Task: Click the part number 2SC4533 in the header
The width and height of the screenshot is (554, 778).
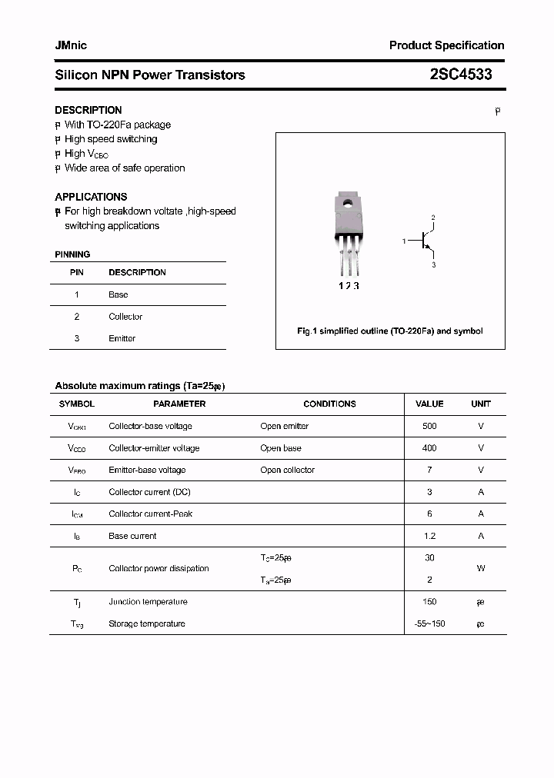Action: pos(461,75)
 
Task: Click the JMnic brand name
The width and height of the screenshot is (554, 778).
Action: pos(71,45)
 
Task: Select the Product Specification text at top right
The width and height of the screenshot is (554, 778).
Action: pos(446,45)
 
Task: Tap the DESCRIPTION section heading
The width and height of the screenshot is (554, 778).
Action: pos(88,110)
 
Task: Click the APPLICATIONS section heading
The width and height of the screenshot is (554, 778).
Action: pos(91,197)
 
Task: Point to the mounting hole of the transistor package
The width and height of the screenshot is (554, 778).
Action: pos(348,204)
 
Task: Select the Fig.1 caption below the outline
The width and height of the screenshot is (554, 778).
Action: pos(390,331)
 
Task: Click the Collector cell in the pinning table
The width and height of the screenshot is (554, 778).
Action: pos(125,317)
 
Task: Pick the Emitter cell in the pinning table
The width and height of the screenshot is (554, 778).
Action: pos(122,338)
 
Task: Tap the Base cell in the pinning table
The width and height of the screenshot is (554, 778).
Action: pos(118,294)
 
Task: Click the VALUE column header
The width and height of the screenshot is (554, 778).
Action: pos(429,404)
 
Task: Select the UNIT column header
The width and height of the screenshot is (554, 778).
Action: pos(481,404)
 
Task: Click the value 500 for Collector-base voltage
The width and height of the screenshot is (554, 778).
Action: pos(429,426)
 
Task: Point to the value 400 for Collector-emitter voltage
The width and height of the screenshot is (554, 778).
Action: pos(429,448)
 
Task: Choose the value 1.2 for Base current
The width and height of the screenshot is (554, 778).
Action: pos(429,536)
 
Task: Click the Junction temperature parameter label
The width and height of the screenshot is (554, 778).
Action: pos(148,602)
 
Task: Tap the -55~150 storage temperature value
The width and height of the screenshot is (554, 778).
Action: pos(429,623)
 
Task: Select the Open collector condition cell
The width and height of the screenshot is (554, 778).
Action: pos(287,470)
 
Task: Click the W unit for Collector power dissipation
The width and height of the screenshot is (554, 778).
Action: pos(481,569)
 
